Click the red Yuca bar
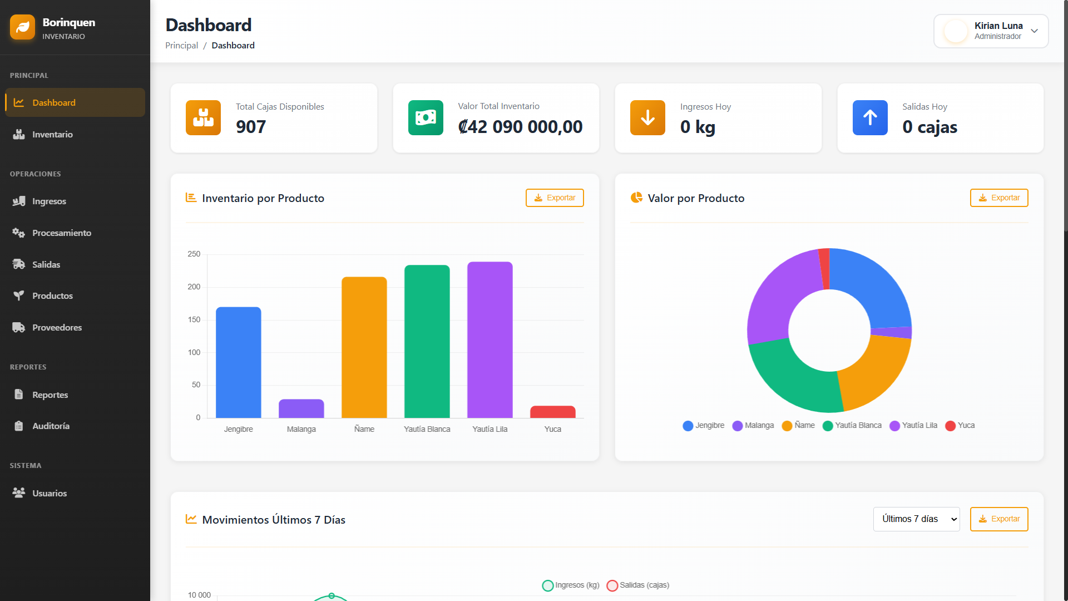click(x=552, y=412)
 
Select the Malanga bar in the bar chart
click(x=301, y=408)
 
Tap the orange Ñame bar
click(x=364, y=347)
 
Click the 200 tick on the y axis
click(x=194, y=287)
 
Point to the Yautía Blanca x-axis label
click(x=427, y=429)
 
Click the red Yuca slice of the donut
click(x=824, y=268)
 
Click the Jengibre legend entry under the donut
click(x=704, y=426)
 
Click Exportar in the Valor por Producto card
click(x=999, y=198)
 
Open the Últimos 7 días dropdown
click(x=916, y=519)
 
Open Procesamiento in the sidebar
click(x=61, y=233)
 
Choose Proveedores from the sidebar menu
click(x=57, y=327)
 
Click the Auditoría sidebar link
click(x=51, y=426)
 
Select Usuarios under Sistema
click(x=49, y=493)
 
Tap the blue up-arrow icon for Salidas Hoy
click(x=870, y=117)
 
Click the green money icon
click(x=426, y=117)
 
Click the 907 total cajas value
click(x=251, y=127)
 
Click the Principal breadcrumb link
click(x=181, y=46)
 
